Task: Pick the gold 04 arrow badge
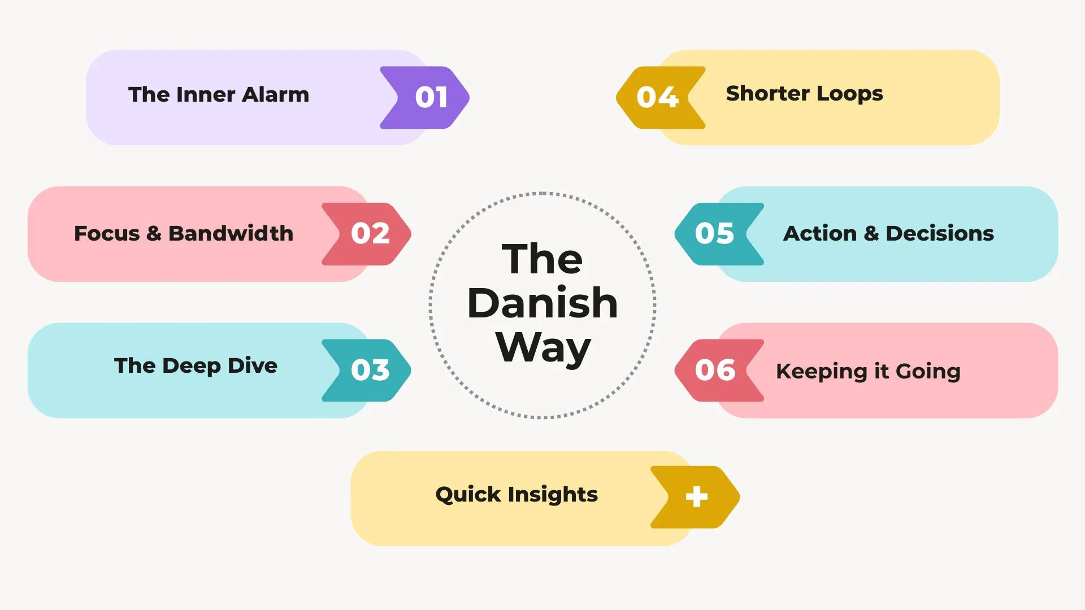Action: tap(661, 97)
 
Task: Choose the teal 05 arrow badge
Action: tap(719, 234)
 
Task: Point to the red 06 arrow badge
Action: tap(719, 371)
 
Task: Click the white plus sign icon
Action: tap(696, 497)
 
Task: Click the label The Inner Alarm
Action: tap(219, 94)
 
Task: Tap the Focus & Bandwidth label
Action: tap(184, 233)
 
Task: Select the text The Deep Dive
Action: tap(196, 365)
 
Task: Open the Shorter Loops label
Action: tap(804, 94)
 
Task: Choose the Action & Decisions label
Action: tap(888, 233)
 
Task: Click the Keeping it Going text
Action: tap(868, 372)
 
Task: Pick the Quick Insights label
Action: tap(517, 495)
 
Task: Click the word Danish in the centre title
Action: tap(542, 303)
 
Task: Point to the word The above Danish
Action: tap(542, 259)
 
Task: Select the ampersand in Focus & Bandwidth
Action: tap(154, 233)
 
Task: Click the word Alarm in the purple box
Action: tap(276, 94)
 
